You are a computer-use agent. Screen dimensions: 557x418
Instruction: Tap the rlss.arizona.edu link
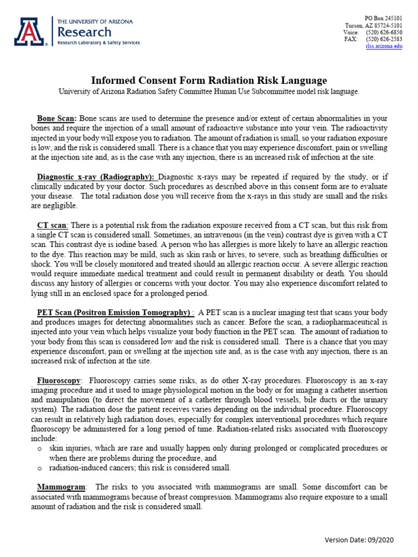(384, 47)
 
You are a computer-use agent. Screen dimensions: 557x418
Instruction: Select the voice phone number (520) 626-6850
(384, 33)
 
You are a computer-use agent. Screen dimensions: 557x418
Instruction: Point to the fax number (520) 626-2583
(384, 40)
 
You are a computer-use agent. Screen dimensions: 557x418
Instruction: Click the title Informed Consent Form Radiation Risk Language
(209, 81)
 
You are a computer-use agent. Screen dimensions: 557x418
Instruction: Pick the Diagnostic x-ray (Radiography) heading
(95, 177)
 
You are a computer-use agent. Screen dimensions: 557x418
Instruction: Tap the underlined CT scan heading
(52, 225)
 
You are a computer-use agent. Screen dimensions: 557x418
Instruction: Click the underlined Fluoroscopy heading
(59, 380)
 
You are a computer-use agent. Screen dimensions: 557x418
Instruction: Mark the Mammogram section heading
(62, 486)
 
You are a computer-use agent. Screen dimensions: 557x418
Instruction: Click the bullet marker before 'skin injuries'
(40, 448)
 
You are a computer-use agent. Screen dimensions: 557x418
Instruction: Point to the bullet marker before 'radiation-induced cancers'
(40, 468)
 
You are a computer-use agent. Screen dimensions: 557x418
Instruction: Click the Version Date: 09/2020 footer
(359, 540)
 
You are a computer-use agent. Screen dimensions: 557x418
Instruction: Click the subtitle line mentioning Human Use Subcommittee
(209, 92)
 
